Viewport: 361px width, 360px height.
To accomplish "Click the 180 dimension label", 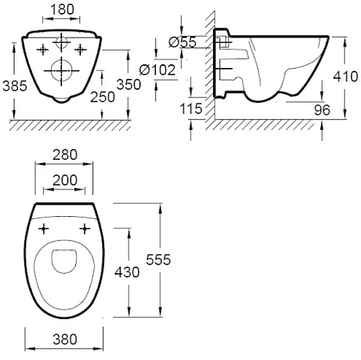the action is pyautogui.click(x=62, y=9).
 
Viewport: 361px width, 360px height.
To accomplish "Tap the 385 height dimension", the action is pyautogui.click(x=14, y=86).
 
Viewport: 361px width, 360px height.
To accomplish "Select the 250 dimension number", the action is pyautogui.click(x=103, y=97).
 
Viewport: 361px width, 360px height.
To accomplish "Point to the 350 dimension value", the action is pyautogui.click(x=129, y=85).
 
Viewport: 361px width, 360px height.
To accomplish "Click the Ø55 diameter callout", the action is pyautogui.click(x=183, y=42).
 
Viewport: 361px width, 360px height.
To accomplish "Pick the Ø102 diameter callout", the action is pyautogui.click(x=157, y=70).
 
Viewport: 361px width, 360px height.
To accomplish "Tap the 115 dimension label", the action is pyautogui.click(x=191, y=108).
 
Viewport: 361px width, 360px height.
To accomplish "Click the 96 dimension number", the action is pyautogui.click(x=322, y=110).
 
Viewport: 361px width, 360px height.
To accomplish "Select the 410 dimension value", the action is pyautogui.click(x=345, y=77).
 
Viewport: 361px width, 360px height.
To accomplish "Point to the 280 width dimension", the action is pyautogui.click(x=65, y=155).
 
